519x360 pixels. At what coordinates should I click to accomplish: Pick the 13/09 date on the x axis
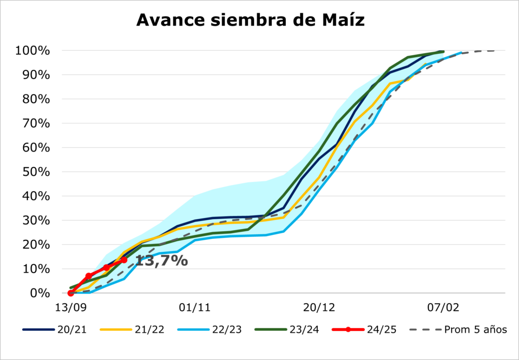70,307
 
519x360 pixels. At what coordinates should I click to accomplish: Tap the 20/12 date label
319,307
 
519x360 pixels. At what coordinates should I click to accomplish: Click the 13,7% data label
161,262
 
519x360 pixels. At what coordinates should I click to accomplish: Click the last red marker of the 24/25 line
124,260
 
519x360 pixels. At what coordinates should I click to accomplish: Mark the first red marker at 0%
71,293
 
